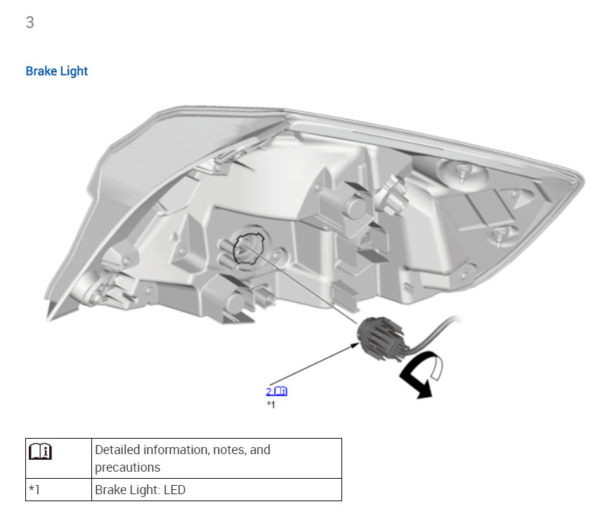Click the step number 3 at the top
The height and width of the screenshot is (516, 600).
pyautogui.click(x=30, y=22)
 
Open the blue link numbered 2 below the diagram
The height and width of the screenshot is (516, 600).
pyautogui.click(x=276, y=391)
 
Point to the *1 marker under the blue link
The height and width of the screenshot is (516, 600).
pyautogui.click(x=270, y=405)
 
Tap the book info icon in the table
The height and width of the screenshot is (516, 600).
pyautogui.click(x=40, y=451)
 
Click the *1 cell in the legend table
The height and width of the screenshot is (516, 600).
pyautogui.click(x=34, y=489)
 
